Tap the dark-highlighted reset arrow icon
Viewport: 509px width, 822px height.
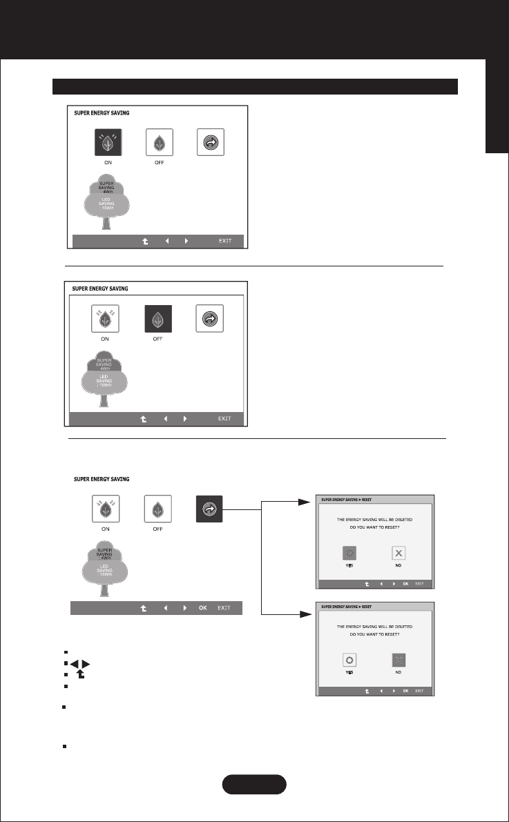click(x=209, y=509)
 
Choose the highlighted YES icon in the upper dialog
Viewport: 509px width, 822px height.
click(x=349, y=552)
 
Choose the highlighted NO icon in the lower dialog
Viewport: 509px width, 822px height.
click(x=398, y=659)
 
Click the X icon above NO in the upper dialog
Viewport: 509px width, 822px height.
click(x=398, y=552)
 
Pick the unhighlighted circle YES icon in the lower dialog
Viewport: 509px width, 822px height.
click(x=349, y=659)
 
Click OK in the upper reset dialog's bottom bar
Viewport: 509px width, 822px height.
click(x=405, y=584)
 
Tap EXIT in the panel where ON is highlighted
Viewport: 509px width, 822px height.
click(x=225, y=242)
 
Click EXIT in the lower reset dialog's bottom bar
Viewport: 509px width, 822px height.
click(x=419, y=691)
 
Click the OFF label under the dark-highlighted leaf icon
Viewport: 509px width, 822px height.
click(x=157, y=339)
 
